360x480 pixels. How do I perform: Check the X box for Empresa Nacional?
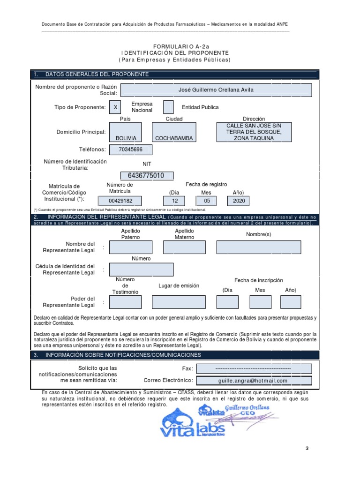click(115, 107)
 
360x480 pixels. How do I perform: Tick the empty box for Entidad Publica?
click(168, 107)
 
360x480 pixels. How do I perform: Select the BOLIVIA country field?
click(126, 132)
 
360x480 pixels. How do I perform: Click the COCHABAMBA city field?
click(174, 132)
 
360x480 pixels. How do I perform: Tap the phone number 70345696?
click(130, 150)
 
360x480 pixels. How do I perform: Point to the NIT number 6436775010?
click(146, 176)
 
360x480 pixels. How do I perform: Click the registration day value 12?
click(175, 201)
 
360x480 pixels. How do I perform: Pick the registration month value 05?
click(206, 201)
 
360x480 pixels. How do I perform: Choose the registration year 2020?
click(238, 201)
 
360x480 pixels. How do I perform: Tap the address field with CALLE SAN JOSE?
click(254, 132)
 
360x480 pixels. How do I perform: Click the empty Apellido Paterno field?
click(130, 247)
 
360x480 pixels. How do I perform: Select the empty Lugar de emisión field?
click(179, 302)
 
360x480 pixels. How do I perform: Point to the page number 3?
click(307, 449)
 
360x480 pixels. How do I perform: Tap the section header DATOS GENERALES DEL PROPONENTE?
click(97, 75)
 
